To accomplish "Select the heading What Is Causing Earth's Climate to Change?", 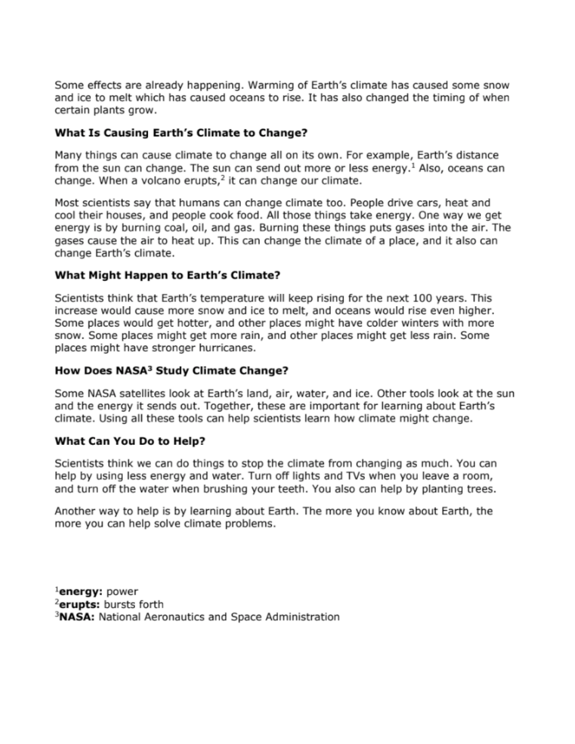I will (x=181, y=133).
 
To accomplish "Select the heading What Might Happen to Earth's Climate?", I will (x=167, y=275).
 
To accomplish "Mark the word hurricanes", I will (x=228, y=348).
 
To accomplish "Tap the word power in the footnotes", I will (x=122, y=592).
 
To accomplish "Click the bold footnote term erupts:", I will (x=80, y=605).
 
